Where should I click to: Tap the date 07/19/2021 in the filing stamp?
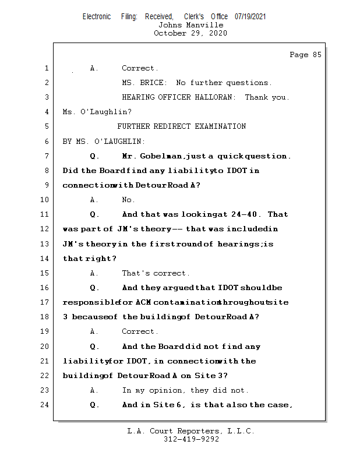coord(250,17)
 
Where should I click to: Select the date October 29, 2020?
coord(190,33)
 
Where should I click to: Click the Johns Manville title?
coord(190,25)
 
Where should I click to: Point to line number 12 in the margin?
coord(46,229)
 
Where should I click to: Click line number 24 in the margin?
coord(46,405)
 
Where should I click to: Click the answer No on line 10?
coord(128,200)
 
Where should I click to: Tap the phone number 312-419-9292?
coord(190,439)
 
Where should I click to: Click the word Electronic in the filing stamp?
coord(97,17)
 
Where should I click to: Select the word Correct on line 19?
coord(139,331)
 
